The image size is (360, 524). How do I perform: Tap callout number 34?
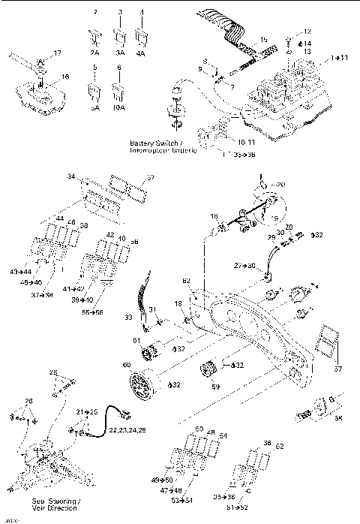point(71,178)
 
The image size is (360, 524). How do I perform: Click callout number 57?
point(150,178)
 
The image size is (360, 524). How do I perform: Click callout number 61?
point(136,342)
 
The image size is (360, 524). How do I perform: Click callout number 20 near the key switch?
point(280,184)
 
